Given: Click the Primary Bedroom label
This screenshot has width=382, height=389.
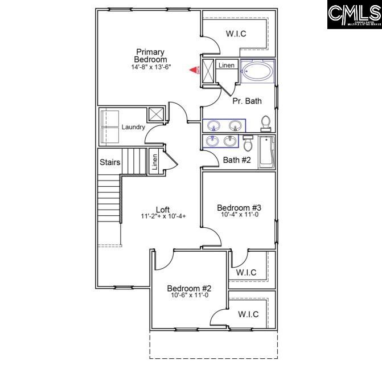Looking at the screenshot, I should (x=150, y=56).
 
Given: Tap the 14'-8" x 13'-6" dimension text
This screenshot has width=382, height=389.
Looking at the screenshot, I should (x=150, y=67).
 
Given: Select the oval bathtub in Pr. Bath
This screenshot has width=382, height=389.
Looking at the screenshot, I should (x=257, y=72).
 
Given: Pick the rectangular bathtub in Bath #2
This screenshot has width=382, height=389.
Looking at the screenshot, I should (x=266, y=152).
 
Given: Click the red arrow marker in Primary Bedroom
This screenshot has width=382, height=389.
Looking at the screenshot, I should (x=194, y=70).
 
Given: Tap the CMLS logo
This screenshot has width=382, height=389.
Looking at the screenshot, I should (x=354, y=15).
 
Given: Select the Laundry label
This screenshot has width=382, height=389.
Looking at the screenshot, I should (x=133, y=127).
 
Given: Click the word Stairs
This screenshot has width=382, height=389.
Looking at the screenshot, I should (x=110, y=162).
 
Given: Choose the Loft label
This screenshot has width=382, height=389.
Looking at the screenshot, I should (x=163, y=210).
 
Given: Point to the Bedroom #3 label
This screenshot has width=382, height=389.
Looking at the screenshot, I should (x=239, y=207).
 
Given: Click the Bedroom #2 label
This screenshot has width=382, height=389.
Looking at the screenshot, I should (x=190, y=288).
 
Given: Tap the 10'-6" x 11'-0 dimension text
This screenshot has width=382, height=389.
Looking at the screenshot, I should (x=190, y=296).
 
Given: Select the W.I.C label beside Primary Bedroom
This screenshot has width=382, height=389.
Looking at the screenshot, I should (x=236, y=34).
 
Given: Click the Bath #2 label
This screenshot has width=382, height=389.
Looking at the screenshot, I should (x=237, y=160).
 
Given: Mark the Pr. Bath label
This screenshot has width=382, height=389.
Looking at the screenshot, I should (x=247, y=101).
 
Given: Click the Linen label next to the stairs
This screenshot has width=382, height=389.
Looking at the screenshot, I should (x=154, y=162).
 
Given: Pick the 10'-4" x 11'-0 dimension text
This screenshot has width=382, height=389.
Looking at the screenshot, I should (x=240, y=215).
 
